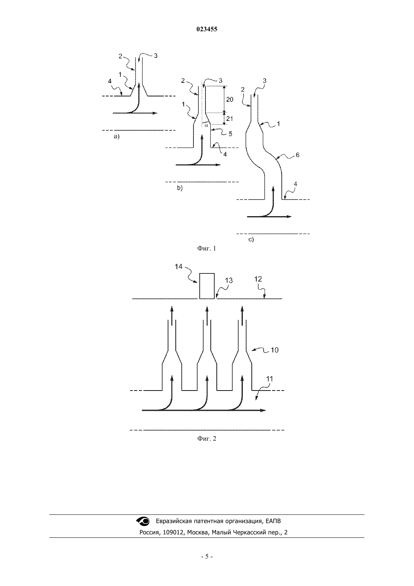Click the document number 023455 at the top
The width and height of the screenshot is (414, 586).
[x=207, y=29]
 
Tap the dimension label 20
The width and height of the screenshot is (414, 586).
[x=230, y=99]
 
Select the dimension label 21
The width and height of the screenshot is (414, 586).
[x=229, y=119]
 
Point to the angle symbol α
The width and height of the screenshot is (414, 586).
[x=206, y=125]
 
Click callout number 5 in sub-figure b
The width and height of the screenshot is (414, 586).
[x=230, y=134]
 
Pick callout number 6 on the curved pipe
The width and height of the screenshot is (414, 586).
[x=297, y=155]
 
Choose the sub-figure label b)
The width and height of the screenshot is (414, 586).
[x=180, y=188]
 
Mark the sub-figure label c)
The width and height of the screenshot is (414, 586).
[x=251, y=240]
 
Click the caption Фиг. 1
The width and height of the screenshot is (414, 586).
[x=207, y=248]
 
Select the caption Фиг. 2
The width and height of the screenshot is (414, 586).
[x=207, y=438]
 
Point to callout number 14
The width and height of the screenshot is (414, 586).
[x=178, y=267]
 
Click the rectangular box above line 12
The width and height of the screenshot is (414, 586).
[x=207, y=286]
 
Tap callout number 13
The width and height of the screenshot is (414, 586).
[x=229, y=281]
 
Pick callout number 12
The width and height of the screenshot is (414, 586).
[x=258, y=279]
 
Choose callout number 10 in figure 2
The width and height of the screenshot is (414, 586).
[x=275, y=350]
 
